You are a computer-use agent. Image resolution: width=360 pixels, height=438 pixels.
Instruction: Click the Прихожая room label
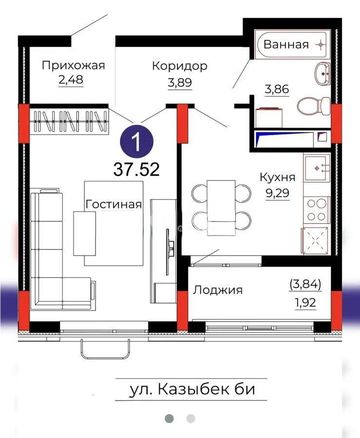(x=73, y=65)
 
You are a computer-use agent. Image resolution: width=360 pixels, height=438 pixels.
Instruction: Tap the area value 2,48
(x=71, y=80)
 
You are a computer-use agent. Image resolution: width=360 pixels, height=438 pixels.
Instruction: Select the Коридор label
(x=179, y=66)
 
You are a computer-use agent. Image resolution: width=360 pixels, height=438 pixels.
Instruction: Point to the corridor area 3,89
(x=180, y=82)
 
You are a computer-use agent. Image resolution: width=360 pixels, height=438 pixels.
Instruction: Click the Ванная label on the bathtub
(x=286, y=45)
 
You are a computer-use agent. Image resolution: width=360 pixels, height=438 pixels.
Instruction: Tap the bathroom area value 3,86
(x=277, y=89)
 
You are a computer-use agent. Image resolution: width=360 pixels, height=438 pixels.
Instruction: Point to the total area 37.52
(x=136, y=169)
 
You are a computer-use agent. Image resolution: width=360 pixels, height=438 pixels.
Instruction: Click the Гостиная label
(x=114, y=204)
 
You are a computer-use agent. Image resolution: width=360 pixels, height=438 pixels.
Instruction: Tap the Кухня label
(x=277, y=177)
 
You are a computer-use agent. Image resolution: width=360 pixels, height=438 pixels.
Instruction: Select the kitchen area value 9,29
(x=277, y=193)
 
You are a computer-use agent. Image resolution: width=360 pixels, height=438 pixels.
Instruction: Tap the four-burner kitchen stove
(x=316, y=211)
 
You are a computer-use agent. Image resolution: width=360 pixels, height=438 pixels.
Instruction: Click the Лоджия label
(x=218, y=290)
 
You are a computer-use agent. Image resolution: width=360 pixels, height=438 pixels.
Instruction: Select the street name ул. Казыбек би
(x=192, y=389)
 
